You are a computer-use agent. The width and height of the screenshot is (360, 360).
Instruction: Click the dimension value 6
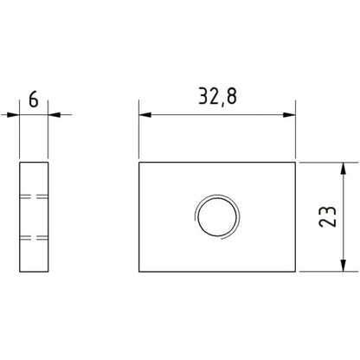pyautogui.click(x=34, y=100)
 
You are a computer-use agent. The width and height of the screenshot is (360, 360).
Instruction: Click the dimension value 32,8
pyautogui.click(x=217, y=97)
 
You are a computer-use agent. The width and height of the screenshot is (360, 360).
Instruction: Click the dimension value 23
pyautogui.click(x=328, y=216)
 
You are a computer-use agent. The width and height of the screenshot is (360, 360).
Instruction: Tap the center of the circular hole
pyautogui.click(x=217, y=216)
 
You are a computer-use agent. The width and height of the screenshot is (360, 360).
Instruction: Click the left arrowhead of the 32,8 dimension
pyautogui.click(x=145, y=115)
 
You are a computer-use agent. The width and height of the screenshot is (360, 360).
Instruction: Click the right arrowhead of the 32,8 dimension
pyautogui.click(x=289, y=115)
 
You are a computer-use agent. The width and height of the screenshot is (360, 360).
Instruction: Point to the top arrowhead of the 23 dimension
pyautogui.click(x=343, y=169)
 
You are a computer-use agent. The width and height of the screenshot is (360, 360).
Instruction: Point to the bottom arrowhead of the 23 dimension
pyautogui.click(x=343, y=266)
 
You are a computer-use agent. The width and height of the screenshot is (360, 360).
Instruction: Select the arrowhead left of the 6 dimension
pyautogui.click(x=13, y=115)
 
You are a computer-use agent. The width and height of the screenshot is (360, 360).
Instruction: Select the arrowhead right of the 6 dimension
pyautogui.click(x=55, y=115)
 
